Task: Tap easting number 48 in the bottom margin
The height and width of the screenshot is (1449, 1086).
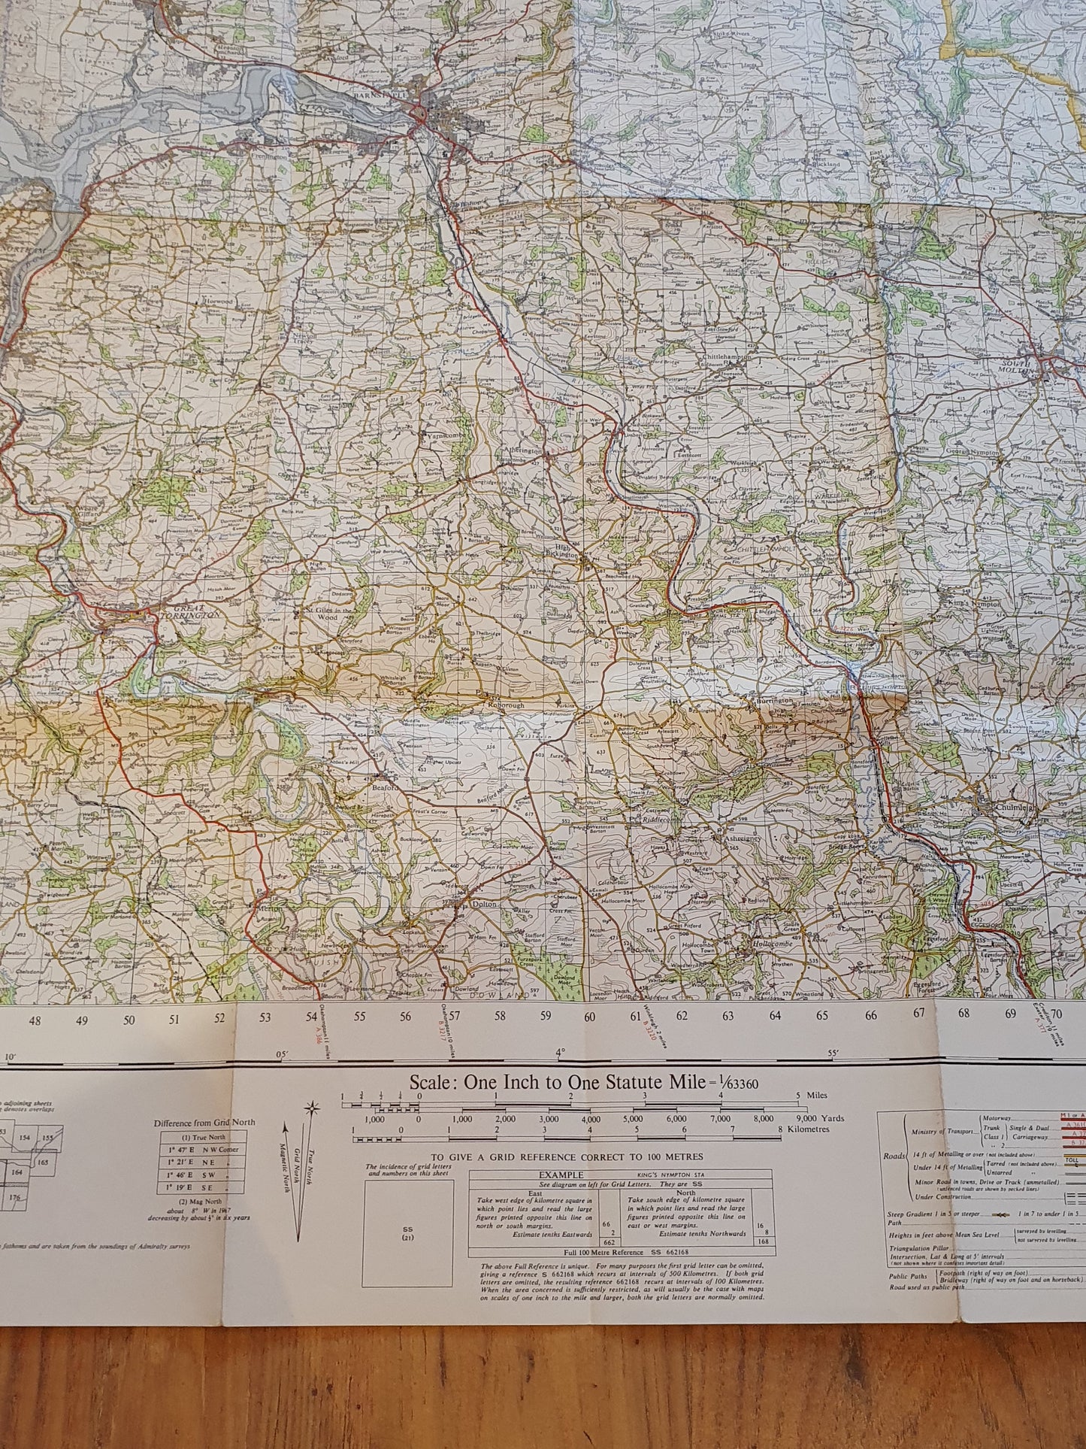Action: (35, 1021)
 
